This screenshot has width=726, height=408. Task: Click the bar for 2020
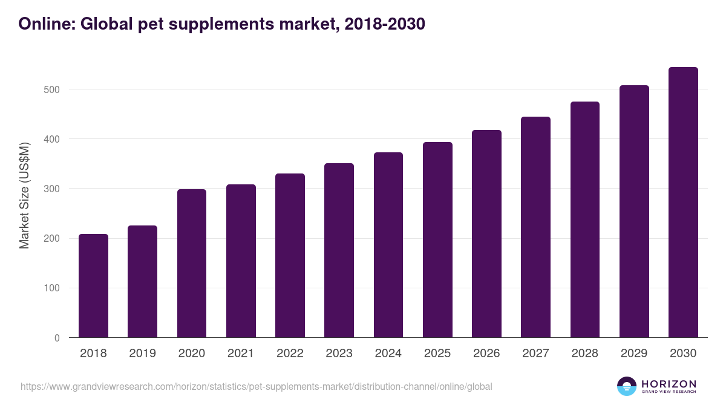[x=192, y=264]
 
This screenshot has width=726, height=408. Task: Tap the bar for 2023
[x=339, y=250]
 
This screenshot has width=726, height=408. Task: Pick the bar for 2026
[x=486, y=234]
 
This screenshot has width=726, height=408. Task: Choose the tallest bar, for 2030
[x=683, y=202]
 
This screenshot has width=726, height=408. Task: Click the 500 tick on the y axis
[x=53, y=89]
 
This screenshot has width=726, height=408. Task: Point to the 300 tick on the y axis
[x=53, y=189]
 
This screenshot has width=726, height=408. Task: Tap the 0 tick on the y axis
[x=57, y=338]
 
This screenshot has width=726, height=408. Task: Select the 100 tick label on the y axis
[x=53, y=288]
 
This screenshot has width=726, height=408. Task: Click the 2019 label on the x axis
[x=142, y=354]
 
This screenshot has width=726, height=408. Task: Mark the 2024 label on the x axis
[x=388, y=354]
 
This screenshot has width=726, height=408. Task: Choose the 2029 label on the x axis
[x=634, y=354]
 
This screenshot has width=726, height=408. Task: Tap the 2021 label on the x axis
[x=241, y=354]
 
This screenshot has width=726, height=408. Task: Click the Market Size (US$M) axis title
[x=24, y=195]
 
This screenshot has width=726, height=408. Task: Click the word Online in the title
[x=47, y=24]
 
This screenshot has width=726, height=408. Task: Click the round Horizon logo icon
[x=626, y=386]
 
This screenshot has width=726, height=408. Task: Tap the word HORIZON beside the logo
[x=669, y=384]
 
